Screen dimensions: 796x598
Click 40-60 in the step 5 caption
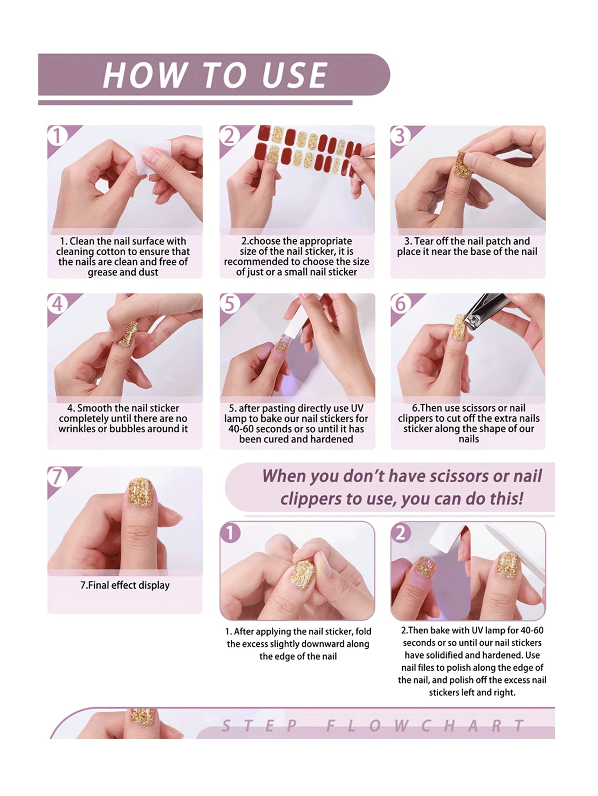coord(243,429)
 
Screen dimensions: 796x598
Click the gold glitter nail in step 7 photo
coord(141,492)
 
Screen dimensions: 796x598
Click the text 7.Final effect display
coord(125,585)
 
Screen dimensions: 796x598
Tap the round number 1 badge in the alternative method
coord(231,532)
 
